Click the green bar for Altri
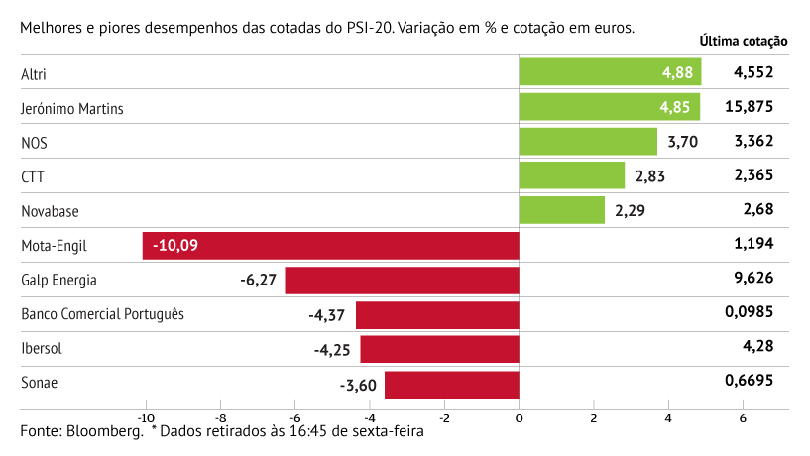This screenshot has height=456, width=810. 609,72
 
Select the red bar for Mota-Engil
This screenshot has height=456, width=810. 330,245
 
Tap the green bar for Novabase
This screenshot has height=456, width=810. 561,210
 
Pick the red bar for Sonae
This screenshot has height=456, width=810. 451,385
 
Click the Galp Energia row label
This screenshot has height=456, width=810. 58,280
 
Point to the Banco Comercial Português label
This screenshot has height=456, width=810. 102,314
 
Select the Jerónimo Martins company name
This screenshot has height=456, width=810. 71,108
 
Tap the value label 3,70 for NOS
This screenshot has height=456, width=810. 683,142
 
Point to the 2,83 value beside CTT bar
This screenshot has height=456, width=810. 650,176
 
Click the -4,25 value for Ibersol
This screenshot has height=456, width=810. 333,350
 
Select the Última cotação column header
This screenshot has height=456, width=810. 743,42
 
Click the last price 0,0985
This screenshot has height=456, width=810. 749,313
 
